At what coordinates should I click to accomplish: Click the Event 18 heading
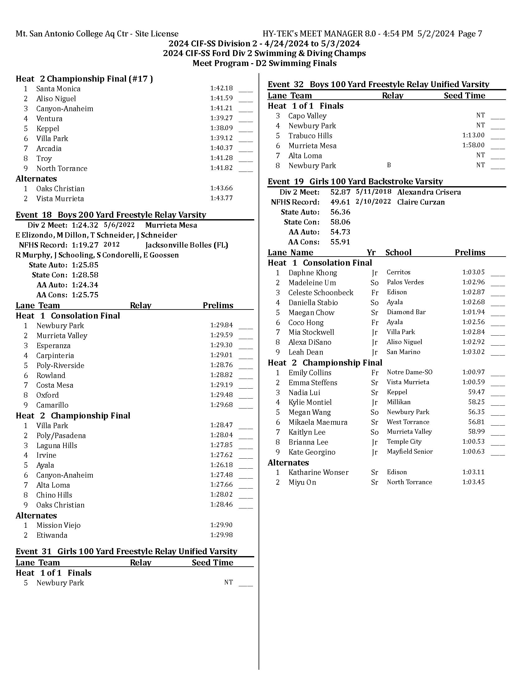click(x=111, y=215)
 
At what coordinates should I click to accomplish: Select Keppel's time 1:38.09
click(x=221, y=128)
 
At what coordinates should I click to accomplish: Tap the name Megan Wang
click(x=309, y=412)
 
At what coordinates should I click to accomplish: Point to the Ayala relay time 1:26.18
click(x=221, y=465)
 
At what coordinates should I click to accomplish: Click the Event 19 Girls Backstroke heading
click(x=355, y=182)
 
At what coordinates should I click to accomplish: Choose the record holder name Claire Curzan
click(x=421, y=202)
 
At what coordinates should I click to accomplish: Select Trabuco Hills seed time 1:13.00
click(x=473, y=135)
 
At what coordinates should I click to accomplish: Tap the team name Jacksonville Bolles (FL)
click(x=186, y=245)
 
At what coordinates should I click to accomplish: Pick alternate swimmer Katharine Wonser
click(x=318, y=472)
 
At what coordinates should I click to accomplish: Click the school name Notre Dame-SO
click(x=409, y=372)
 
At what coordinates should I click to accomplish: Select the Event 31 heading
click(x=126, y=551)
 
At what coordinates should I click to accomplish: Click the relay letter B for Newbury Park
click(x=389, y=165)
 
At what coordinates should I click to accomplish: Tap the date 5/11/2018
click(x=373, y=191)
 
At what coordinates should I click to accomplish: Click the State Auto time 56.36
click(x=340, y=212)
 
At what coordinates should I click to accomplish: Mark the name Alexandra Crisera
click(x=429, y=192)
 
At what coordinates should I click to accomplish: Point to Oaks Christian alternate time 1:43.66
click(x=221, y=188)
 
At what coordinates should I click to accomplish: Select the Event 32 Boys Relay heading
click(x=378, y=84)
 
